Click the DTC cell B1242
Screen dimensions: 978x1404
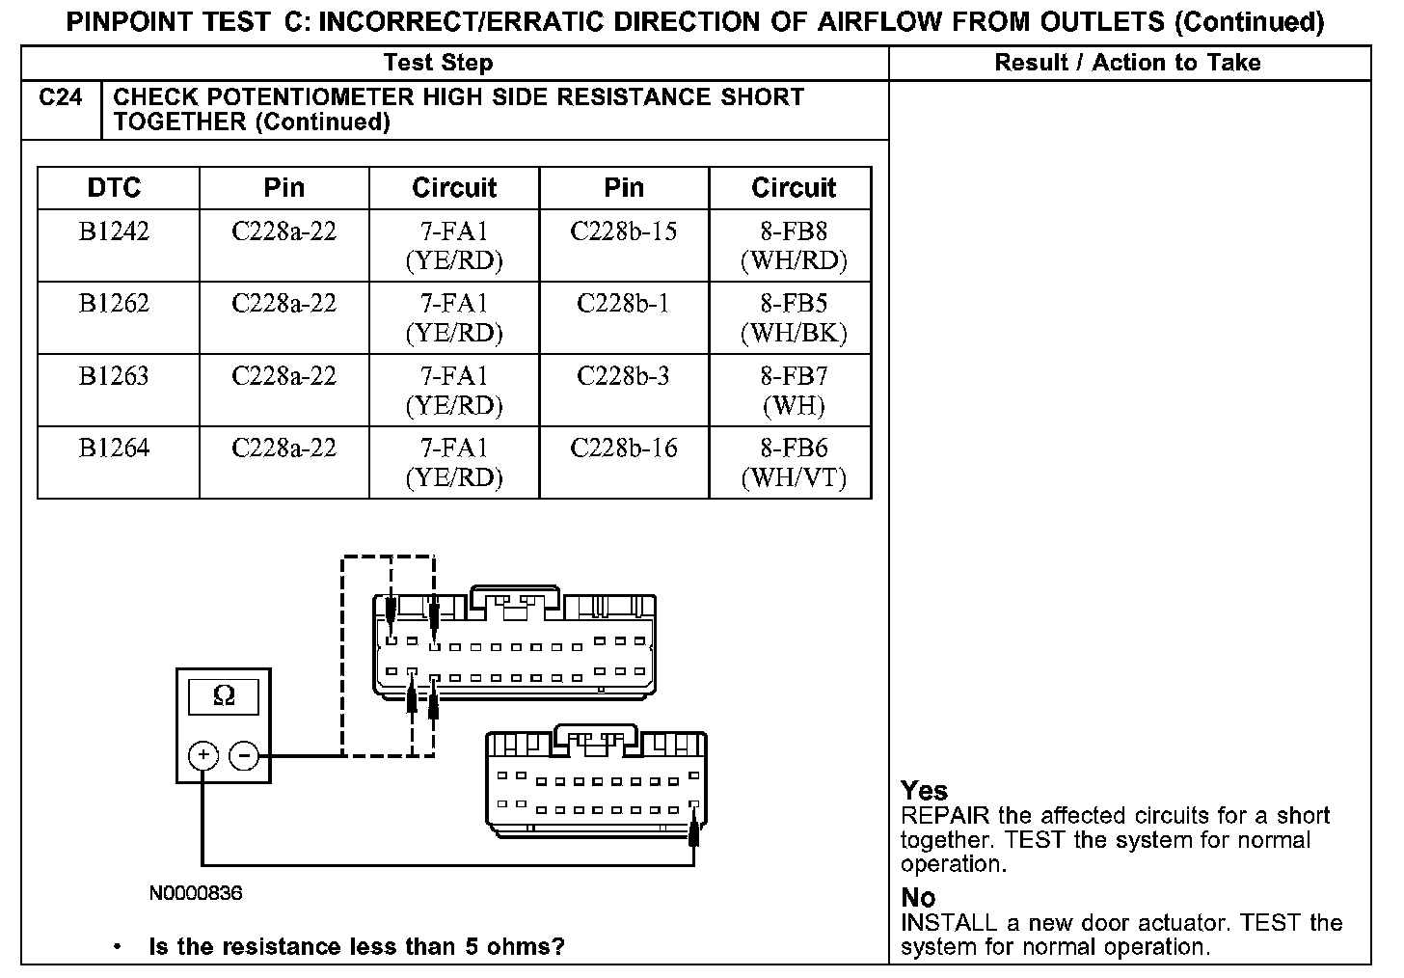115,231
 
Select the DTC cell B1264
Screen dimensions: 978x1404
115,448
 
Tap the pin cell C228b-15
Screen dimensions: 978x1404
623,231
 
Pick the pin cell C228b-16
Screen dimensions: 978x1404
623,448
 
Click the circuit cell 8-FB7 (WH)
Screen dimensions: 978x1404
793,390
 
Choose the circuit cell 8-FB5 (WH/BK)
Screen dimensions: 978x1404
793,317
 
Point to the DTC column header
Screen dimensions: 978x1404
114,188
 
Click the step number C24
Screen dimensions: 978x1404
61,98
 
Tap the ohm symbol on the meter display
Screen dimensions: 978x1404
224,695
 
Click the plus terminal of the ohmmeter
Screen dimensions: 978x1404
202,754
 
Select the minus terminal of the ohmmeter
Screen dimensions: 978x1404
246,754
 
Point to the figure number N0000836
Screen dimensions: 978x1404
196,893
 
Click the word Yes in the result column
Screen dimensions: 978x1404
924,791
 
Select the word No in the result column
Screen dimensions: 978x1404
918,897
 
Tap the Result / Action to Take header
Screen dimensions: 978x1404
1127,63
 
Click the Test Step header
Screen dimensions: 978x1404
438,63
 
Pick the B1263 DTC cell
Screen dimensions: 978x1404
115,376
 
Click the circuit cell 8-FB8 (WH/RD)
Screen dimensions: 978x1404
793,245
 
